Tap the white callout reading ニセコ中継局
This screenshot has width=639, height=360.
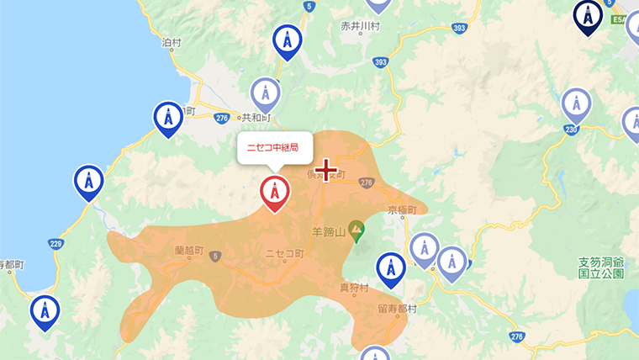click(274, 147)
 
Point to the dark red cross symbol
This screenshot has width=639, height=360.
click(325, 173)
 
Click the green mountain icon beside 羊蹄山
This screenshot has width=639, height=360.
click(356, 228)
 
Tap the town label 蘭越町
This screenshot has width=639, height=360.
click(190, 250)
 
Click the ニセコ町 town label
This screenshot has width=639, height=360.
click(284, 253)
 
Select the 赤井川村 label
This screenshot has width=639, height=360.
click(362, 27)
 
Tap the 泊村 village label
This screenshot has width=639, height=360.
click(172, 42)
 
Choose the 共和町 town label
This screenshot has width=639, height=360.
click(253, 118)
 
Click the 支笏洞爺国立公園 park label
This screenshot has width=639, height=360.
click(601, 267)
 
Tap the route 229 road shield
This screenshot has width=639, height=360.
click(56, 244)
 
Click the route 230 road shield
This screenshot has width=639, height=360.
click(569, 129)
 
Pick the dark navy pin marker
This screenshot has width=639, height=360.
click(588, 15)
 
